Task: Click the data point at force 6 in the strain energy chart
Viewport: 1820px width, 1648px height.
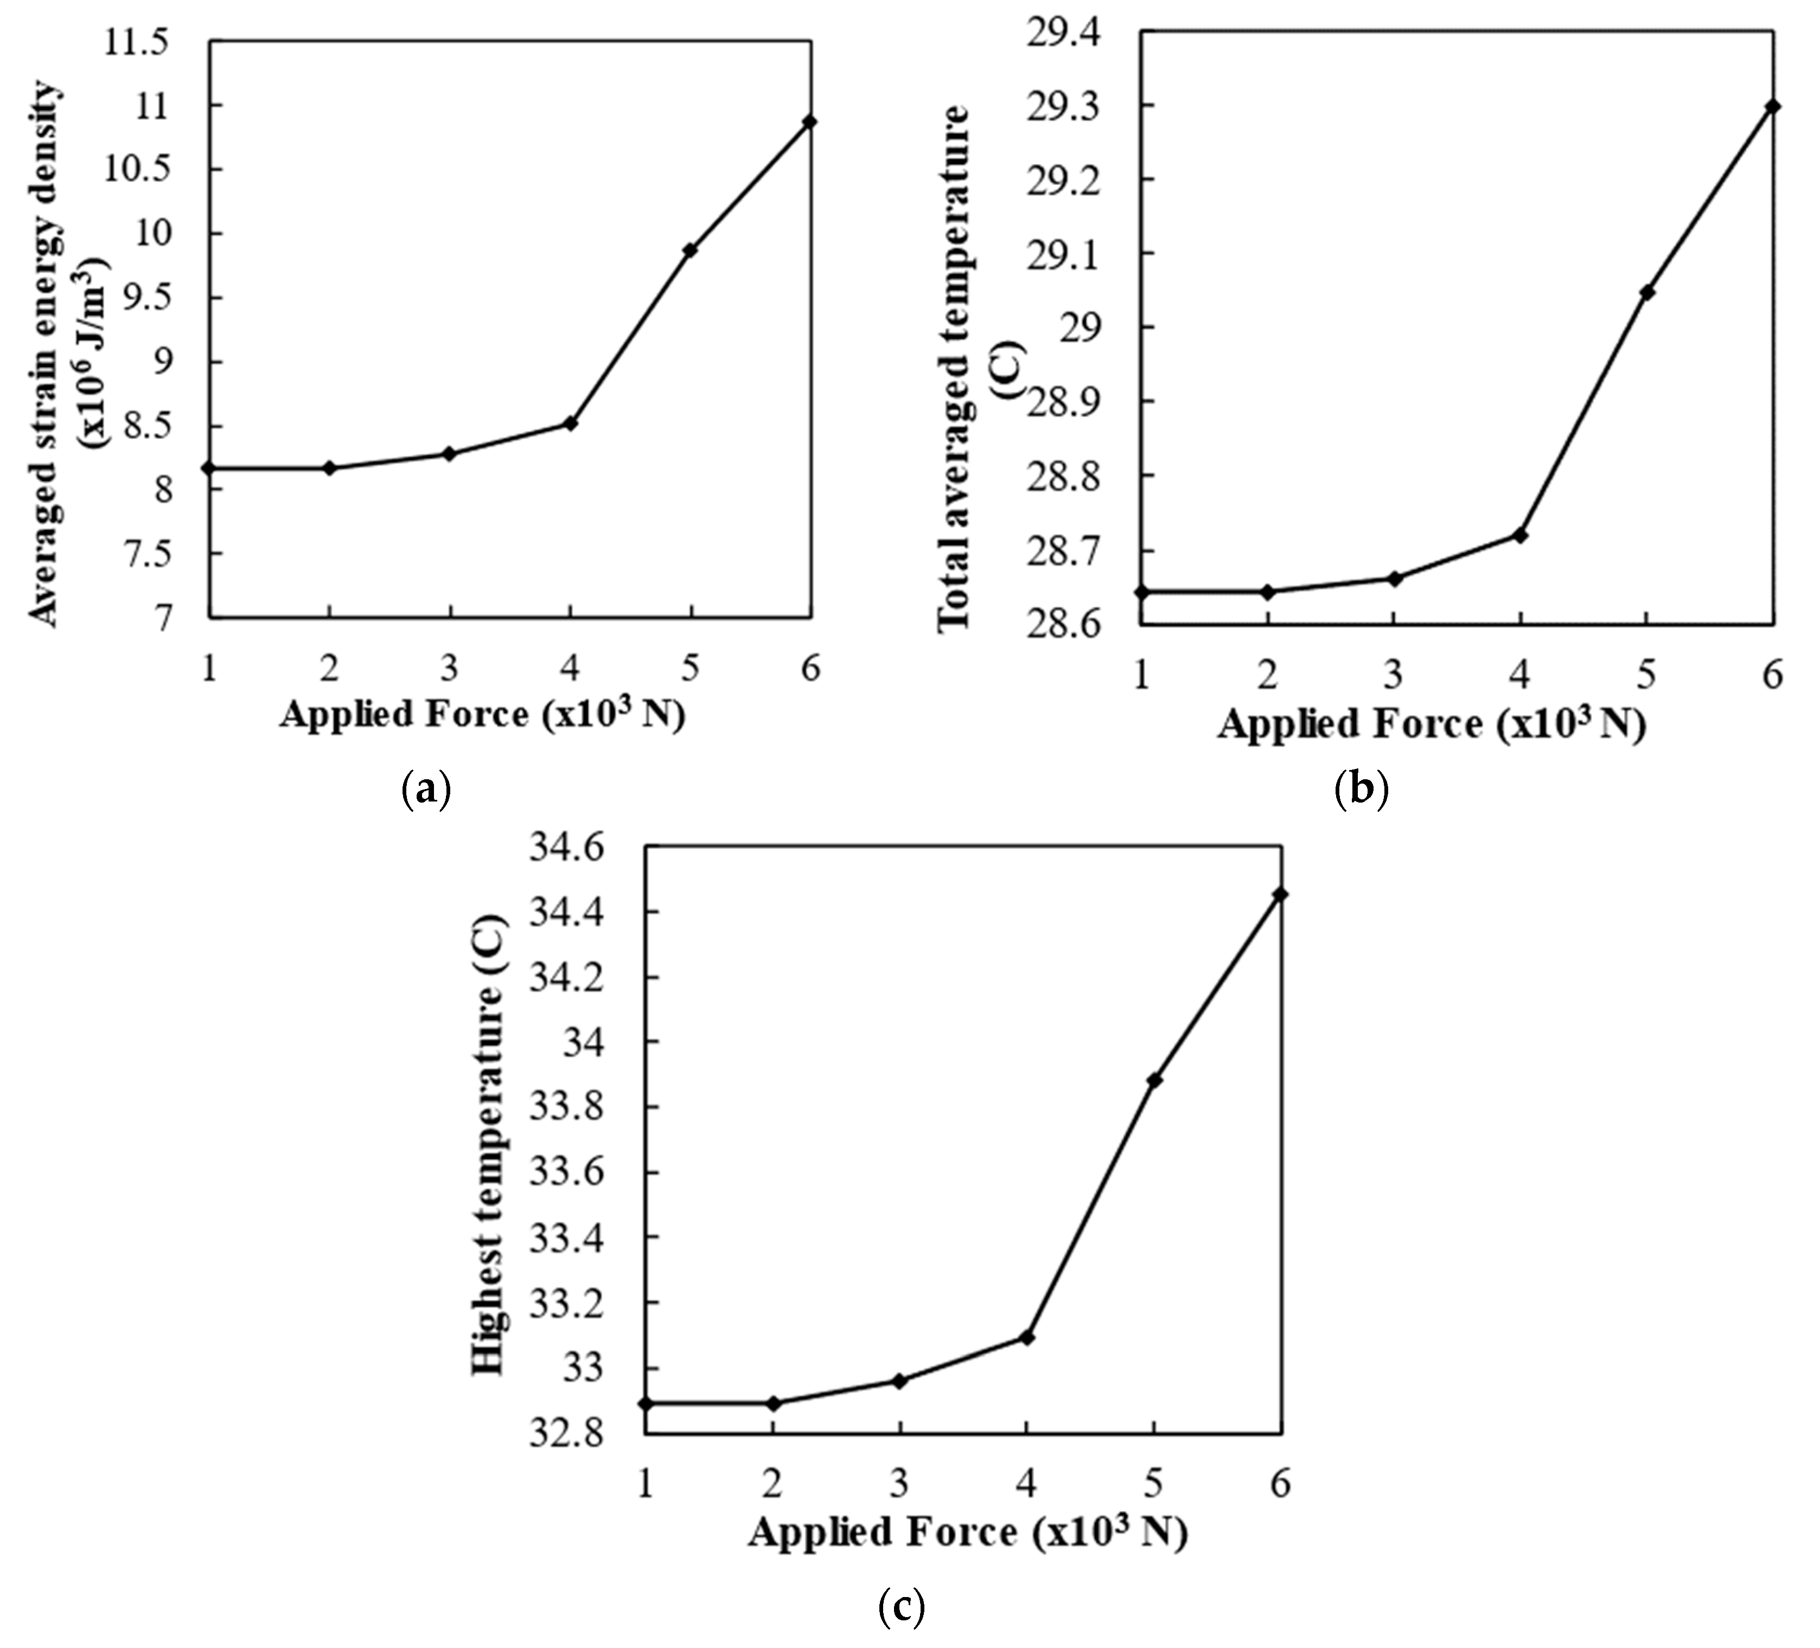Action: (x=810, y=121)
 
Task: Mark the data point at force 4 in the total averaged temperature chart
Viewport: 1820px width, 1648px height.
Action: (x=1520, y=535)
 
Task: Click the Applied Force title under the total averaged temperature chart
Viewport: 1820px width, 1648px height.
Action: (x=1432, y=724)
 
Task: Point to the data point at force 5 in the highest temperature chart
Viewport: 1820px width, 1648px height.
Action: (x=1154, y=1079)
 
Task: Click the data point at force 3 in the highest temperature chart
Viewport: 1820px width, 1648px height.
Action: (x=899, y=1380)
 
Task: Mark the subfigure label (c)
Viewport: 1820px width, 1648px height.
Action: (x=901, y=1606)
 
